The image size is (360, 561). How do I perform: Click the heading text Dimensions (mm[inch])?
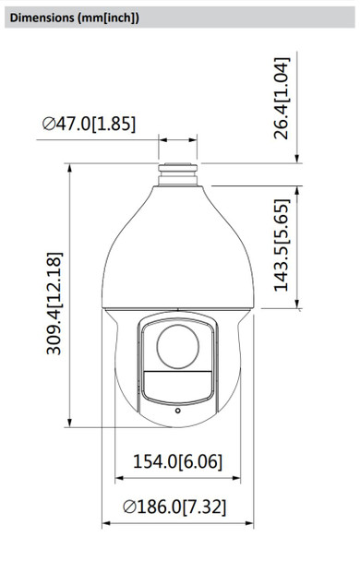point(76,17)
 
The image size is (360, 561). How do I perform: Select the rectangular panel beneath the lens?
point(179,383)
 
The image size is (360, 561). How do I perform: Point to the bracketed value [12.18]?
point(53,271)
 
